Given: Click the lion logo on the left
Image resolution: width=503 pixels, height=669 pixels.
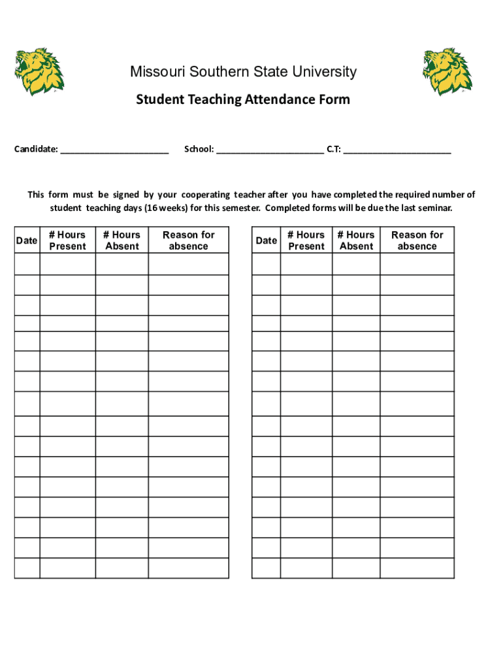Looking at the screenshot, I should [39, 71].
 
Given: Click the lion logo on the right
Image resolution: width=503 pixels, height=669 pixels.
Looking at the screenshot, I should [447, 71].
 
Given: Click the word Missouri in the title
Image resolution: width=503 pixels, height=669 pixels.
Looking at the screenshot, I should [155, 72].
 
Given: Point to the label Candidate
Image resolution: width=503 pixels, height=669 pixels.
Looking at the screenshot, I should [36, 149].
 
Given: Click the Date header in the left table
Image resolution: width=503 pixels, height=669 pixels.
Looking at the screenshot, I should [27, 240].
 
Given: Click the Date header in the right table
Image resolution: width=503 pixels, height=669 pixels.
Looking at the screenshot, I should [267, 240].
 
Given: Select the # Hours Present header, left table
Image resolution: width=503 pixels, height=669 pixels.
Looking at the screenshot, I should [67, 240].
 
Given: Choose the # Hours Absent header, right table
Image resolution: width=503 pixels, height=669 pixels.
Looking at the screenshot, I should [356, 240].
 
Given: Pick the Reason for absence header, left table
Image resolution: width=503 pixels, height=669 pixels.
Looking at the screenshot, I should [188, 240].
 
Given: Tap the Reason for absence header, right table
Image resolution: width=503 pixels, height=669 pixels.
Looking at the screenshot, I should [417, 240].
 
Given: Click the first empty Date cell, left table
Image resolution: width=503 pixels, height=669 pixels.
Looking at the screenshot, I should [27, 264].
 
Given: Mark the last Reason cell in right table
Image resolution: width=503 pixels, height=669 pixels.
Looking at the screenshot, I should [417, 568].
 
